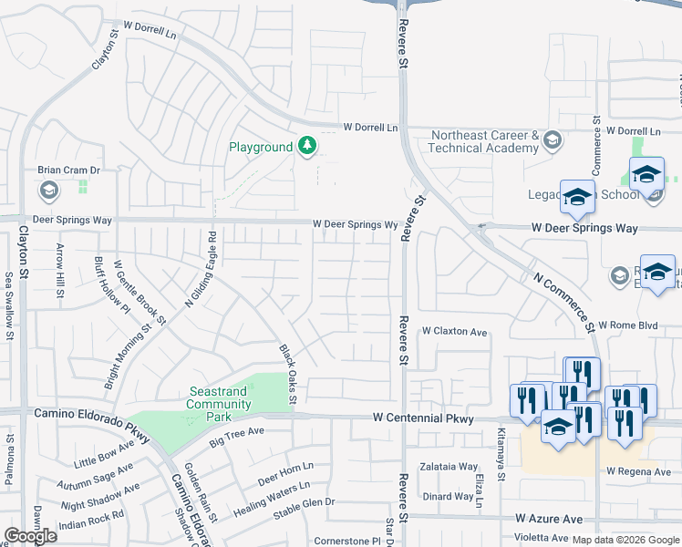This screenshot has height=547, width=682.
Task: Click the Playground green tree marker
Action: coord(308,146)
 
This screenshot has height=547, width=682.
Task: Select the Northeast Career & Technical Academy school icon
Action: coord(552,140)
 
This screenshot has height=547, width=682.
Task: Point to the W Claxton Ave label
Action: coord(454,332)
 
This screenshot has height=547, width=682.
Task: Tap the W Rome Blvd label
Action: coord(627,325)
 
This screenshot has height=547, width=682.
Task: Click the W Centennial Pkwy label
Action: coord(423,418)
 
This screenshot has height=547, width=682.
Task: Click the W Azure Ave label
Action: coord(548,519)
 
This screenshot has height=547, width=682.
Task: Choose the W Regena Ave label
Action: coord(638,471)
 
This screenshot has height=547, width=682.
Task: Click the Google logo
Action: coord(29,536)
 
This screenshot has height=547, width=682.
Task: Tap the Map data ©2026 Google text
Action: coord(625,540)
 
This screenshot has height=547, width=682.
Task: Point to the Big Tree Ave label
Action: coord(236,437)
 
